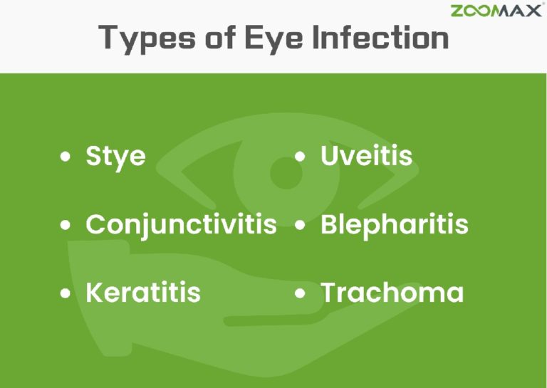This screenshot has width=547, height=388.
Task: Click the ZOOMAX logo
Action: pos(496,10)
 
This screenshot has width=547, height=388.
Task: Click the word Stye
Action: pos(115,156)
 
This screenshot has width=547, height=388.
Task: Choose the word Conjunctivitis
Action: pos(181,224)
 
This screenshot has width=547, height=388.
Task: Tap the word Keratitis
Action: pos(142,292)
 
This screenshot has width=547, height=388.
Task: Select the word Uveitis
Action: pos(366,156)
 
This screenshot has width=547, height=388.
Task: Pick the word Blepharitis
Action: pos(394,224)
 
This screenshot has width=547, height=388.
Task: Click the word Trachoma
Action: pos(392,292)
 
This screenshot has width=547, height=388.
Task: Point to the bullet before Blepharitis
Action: pos(301,226)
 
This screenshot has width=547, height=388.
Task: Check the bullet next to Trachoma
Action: pos(301,293)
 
